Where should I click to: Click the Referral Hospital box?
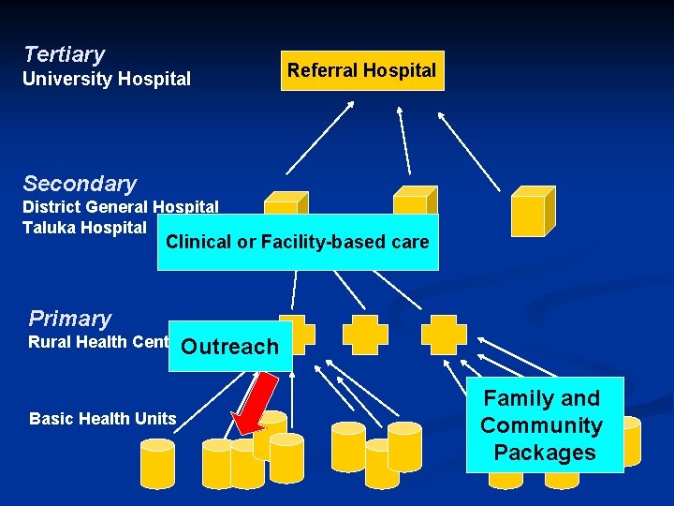[361, 70]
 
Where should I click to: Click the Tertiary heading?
[64, 54]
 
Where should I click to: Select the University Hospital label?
[106, 80]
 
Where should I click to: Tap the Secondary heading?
[80, 184]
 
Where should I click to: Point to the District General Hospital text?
[120, 207]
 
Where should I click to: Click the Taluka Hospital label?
[84, 227]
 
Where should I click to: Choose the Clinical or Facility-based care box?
[298, 242]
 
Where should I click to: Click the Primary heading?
[69, 319]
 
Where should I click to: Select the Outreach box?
[230, 347]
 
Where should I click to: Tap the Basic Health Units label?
[103, 419]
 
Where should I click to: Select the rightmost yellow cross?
[444, 335]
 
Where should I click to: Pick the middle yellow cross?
[364, 335]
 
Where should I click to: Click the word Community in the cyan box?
[541, 425]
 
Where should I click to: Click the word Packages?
[545, 453]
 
